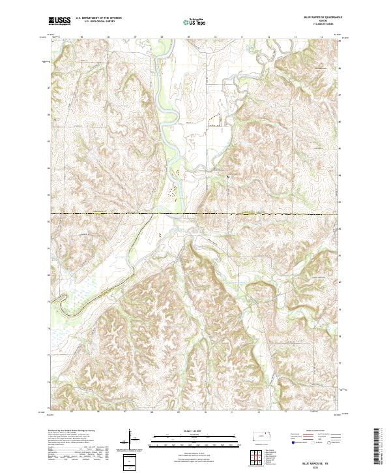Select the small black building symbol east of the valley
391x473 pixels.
pyautogui.click(x=229, y=176)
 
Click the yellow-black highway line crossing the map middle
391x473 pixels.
pyautogui.click(x=195, y=213)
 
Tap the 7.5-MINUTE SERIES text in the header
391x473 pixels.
pyautogui.click(x=319, y=25)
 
